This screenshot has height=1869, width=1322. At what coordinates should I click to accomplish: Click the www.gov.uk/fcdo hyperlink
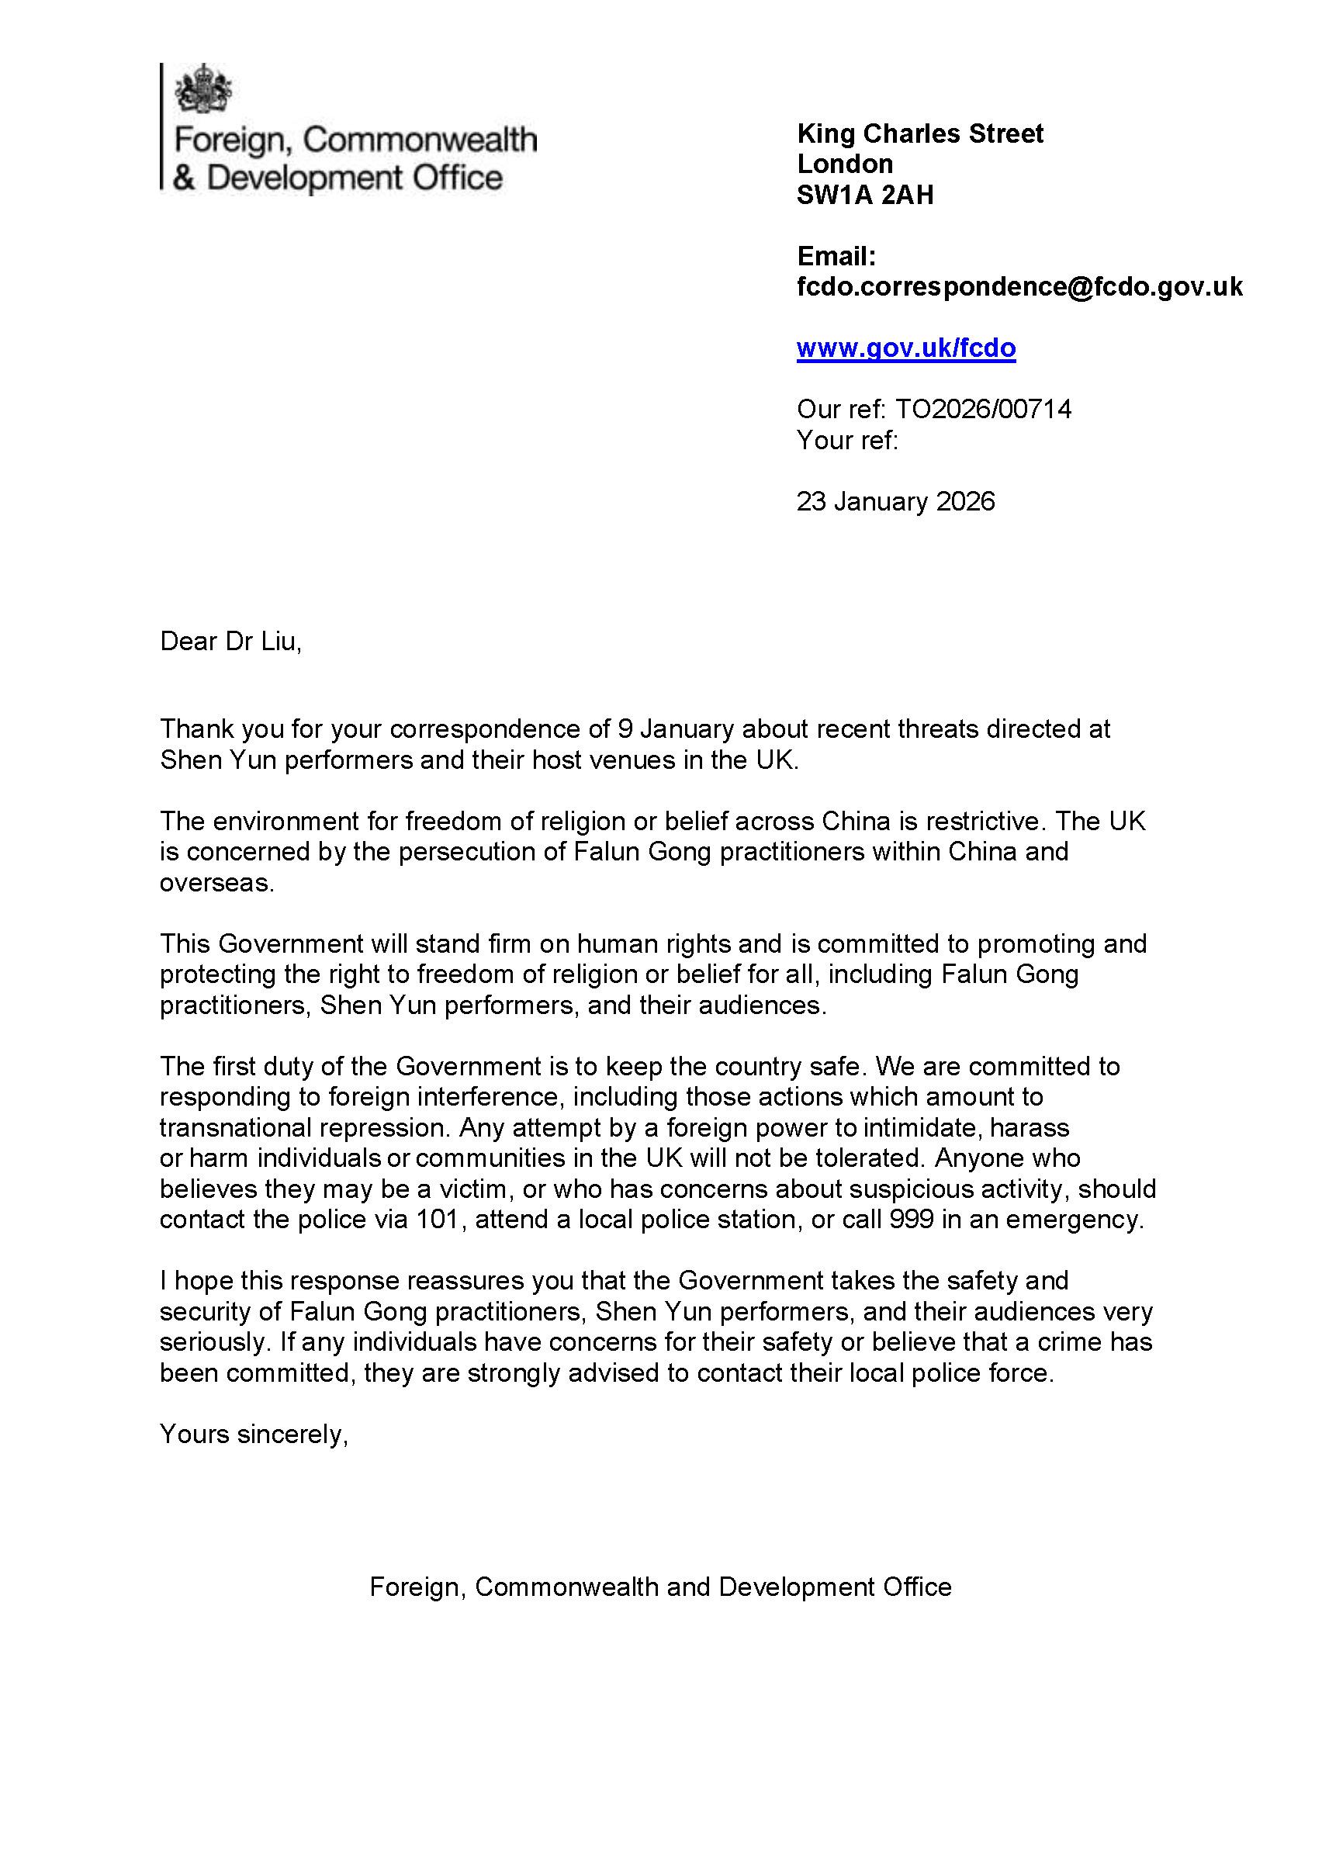click(905, 348)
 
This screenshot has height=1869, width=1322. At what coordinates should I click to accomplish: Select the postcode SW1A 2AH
click(864, 196)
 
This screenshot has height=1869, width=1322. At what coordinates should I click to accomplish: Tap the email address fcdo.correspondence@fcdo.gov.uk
click(1019, 286)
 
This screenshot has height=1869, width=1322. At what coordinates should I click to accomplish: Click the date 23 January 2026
click(895, 500)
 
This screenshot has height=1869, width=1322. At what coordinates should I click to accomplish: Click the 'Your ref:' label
click(846, 441)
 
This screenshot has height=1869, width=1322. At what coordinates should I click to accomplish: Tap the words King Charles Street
click(920, 133)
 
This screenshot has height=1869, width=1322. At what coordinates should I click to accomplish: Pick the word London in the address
click(845, 164)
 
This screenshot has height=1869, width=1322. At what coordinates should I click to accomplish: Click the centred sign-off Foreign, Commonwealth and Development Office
click(660, 1587)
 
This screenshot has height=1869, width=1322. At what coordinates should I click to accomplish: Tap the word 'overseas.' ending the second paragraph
click(216, 882)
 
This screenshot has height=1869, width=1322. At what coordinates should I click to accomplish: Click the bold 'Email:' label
click(836, 257)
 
